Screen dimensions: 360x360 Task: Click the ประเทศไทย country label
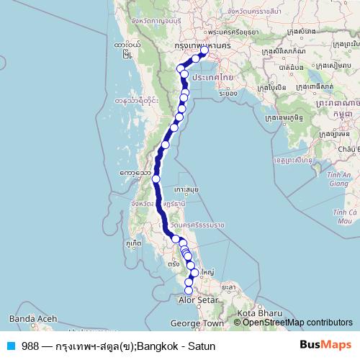pyautogui.click(x=212, y=77)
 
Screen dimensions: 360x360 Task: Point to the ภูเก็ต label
pyautogui.click(x=132, y=244)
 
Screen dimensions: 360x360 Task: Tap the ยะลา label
pyautogui.click(x=230, y=286)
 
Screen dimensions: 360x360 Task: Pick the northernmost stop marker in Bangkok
pyautogui.click(x=204, y=50)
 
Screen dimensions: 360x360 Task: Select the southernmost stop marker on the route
pyautogui.click(x=189, y=290)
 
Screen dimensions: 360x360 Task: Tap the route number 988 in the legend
pyautogui.click(x=27, y=346)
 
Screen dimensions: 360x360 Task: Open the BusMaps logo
pyautogui.click(x=325, y=345)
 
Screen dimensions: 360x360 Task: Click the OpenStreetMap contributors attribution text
pyautogui.click(x=297, y=322)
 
